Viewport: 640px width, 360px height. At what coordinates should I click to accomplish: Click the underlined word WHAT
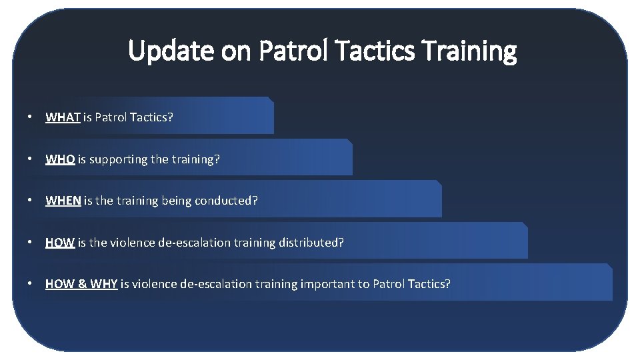tap(63, 117)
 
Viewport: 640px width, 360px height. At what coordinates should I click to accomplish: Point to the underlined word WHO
tap(60, 159)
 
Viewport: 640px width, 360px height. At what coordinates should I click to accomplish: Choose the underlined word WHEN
tap(63, 201)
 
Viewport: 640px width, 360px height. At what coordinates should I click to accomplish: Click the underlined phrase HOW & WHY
tap(81, 284)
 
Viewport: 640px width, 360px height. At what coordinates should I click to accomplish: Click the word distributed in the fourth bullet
tap(312, 243)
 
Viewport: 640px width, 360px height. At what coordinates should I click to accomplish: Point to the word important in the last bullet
tap(327, 284)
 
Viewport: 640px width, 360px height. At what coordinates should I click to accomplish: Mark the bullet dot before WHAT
tap(30, 117)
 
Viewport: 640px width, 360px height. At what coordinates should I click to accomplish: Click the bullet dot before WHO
tap(30, 159)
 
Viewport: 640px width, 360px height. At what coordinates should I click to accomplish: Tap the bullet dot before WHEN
tap(30, 201)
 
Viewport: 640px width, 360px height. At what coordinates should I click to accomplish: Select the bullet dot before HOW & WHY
tap(30, 284)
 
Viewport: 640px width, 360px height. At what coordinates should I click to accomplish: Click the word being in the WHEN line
tap(177, 201)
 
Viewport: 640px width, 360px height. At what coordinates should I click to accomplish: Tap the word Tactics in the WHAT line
tap(152, 117)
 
